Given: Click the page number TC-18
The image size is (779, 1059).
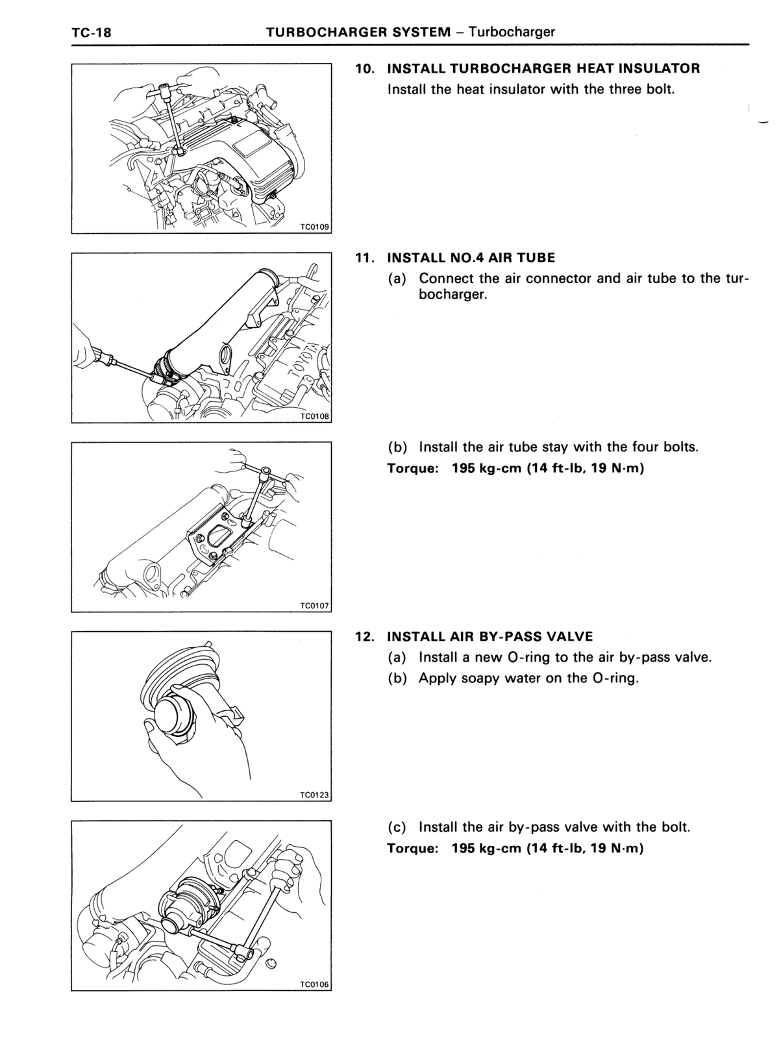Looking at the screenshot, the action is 92,32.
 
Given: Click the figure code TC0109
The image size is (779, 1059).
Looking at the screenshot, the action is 314,227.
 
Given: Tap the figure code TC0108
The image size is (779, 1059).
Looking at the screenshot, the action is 314,416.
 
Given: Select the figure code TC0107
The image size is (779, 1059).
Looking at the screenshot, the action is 314,606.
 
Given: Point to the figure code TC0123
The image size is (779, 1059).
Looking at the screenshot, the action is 314,795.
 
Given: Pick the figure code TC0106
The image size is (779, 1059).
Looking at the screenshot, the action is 314,985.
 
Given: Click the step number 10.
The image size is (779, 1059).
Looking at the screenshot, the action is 365,69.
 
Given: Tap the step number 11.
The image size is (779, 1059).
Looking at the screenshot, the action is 365,258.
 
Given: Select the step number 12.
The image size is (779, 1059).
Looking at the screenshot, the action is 365,636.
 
